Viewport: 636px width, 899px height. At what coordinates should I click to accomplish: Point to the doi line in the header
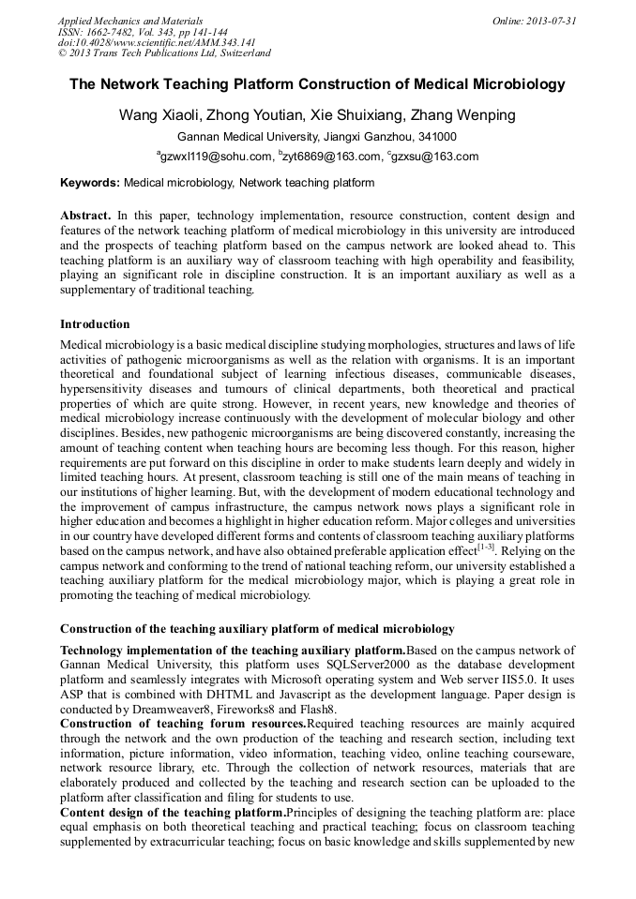(157, 42)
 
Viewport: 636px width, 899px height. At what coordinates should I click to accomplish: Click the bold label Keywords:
(90, 183)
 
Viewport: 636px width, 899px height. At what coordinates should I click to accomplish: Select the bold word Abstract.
(85, 216)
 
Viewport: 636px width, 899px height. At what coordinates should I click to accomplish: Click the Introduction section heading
(95, 324)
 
